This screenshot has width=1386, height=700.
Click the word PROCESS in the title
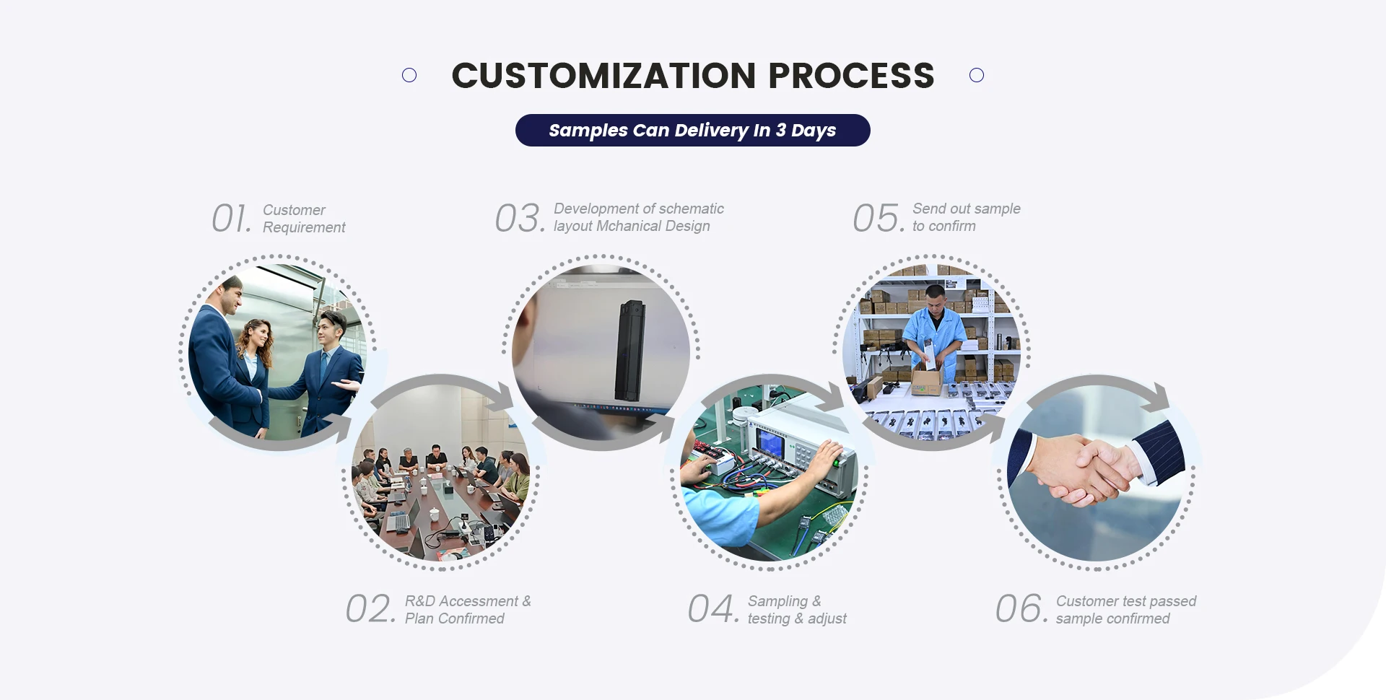click(851, 76)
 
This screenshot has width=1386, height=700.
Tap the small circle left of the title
click(409, 75)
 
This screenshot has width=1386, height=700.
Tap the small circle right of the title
click(977, 75)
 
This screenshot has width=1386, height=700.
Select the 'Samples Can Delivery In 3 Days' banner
click(693, 130)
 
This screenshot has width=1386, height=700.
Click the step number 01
click(232, 218)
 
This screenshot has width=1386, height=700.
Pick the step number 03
click(520, 218)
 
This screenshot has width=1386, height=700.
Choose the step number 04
click(713, 609)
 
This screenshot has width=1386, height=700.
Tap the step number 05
click(879, 218)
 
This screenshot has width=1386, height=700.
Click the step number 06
click(1021, 609)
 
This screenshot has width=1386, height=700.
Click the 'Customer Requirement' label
click(304, 219)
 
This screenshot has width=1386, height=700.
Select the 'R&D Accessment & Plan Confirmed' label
click(468, 610)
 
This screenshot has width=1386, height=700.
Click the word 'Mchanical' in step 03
click(628, 226)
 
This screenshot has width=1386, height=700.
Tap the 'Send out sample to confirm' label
click(967, 217)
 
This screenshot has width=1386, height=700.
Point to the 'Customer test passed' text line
click(1126, 601)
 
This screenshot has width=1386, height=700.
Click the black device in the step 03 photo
click(629, 351)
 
